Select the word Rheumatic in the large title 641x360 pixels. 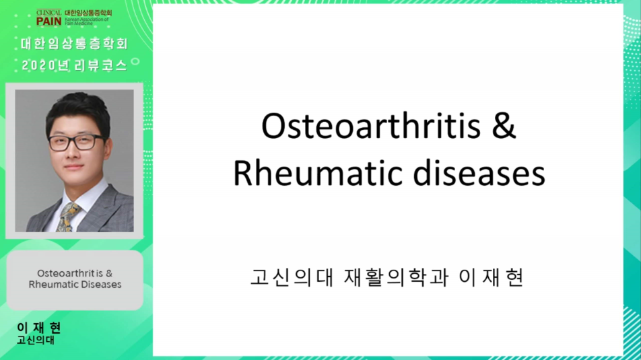click(x=318, y=174)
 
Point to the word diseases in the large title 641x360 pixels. click(x=479, y=174)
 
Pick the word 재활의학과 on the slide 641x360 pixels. click(x=396, y=277)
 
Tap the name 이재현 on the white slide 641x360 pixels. click(x=491, y=277)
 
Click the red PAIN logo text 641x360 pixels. click(x=48, y=21)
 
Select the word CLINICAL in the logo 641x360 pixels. click(x=48, y=12)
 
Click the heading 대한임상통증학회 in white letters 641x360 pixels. click(x=74, y=44)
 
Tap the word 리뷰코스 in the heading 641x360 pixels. click(x=100, y=65)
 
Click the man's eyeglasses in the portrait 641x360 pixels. click(x=76, y=142)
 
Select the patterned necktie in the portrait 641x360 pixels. click(x=68, y=217)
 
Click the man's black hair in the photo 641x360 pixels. click(x=77, y=110)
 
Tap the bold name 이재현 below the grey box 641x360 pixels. click(x=39, y=327)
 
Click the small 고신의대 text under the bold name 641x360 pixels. click(x=36, y=340)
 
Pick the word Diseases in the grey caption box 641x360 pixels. click(x=102, y=285)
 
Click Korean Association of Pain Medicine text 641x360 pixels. click(x=87, y=22)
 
